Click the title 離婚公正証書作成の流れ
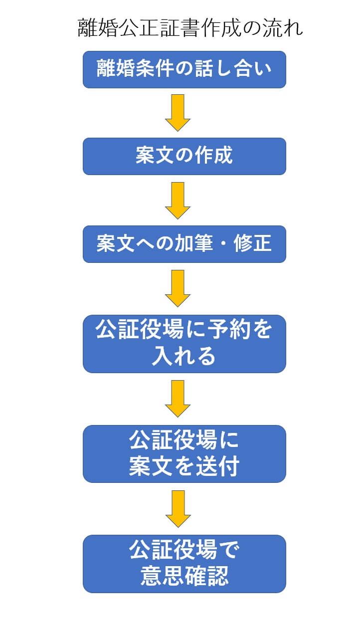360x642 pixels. coord(190,28)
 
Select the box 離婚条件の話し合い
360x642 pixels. coord(184,69)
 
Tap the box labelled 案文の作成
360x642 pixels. coord(184,157)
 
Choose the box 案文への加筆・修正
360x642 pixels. coord(184,244)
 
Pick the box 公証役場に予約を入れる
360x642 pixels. coord(184,344)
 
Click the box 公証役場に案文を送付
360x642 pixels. coord(184,453)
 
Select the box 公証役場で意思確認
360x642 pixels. coord(184,564)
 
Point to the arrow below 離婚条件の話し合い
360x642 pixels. coord(178,113)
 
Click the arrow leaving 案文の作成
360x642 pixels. coord(178,200)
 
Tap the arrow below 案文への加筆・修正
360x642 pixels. coord(178,288)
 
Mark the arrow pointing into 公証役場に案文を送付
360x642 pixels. coord(178,398)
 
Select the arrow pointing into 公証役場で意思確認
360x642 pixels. coord(178,508)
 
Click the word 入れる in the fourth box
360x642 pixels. coord(184,357)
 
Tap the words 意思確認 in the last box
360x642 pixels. coord(184,577)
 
